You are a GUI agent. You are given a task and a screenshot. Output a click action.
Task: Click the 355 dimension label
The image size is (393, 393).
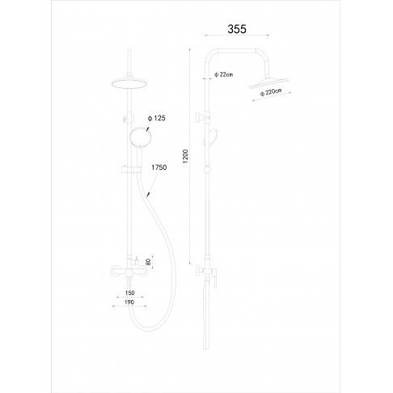237,29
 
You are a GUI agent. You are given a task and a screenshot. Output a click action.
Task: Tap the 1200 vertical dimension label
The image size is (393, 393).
185,157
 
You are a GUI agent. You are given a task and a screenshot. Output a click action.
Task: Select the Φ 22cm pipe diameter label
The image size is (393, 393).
224,74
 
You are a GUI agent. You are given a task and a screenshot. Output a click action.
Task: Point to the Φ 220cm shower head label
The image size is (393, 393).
271,92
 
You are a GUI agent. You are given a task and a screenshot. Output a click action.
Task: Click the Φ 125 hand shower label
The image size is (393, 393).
157,118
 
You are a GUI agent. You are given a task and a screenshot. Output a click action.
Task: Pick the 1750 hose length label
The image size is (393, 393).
158,167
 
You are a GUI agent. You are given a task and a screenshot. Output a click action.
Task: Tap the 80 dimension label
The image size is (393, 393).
148,262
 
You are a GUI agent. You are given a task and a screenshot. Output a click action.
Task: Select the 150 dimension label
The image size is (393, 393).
130,293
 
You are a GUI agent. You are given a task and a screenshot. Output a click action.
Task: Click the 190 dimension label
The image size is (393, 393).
129,302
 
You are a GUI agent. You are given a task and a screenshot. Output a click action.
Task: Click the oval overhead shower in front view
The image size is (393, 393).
129,83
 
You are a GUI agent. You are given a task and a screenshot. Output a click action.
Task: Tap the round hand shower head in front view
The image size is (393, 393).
140,137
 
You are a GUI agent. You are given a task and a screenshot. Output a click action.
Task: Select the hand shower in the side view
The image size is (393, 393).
212,137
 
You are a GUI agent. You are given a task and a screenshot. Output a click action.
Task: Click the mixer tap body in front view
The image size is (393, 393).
129,272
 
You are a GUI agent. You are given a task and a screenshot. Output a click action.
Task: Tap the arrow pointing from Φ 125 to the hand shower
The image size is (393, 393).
148,127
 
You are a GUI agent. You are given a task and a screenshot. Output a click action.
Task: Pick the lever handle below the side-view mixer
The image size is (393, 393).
215,280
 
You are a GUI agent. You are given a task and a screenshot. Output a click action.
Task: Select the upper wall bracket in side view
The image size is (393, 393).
202,117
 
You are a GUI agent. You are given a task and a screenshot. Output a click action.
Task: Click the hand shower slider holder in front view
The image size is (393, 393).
131,170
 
